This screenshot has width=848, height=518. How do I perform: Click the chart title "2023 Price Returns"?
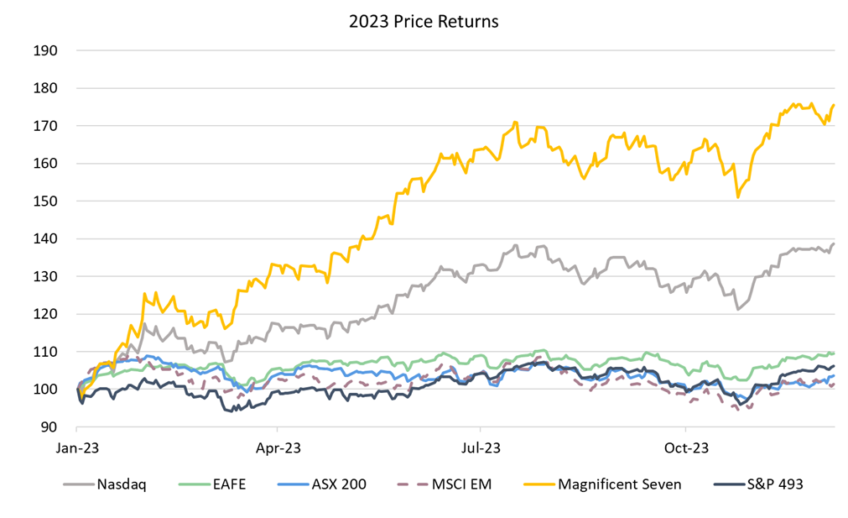pos(424,21)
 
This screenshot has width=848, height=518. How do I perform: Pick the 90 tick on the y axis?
pos(49,427)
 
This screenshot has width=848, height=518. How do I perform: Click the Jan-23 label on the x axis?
pos(79,447)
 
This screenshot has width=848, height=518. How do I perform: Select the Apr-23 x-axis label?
pos(278,447)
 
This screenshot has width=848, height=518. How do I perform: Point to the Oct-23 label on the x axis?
pos(686,447)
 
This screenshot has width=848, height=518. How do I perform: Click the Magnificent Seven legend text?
pos(619,484)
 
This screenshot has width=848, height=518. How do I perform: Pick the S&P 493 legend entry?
pos(774,484)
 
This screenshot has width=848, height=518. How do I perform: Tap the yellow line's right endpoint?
pos(834,105)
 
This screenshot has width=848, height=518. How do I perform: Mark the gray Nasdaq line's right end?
pos(834,244)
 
